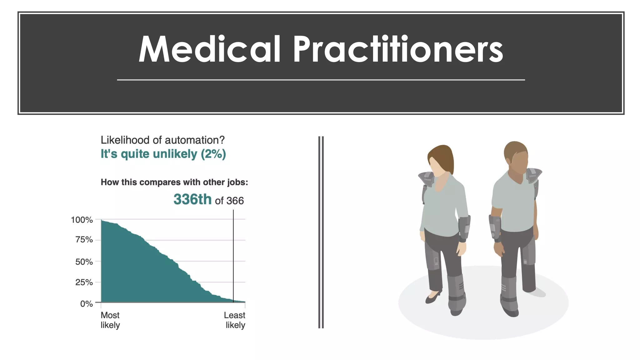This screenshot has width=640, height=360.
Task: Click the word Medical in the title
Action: [x=209, y=49]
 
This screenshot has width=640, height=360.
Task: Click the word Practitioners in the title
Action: [x=397, y=49]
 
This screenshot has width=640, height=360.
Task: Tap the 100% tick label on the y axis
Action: [x=82, y=220]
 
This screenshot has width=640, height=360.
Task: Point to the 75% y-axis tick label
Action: [x=84, y=240]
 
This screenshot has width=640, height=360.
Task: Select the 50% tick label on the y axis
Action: [x=84, y=262]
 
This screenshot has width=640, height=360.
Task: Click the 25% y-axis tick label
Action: [x=84, y=282]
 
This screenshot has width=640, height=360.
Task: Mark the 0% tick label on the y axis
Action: [x=87, y=303]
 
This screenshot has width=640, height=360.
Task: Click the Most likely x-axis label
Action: [x=110, y=320]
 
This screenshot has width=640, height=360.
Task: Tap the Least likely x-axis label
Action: [x=235, y=320]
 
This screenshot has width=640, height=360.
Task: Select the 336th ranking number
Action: [x=192, y=199]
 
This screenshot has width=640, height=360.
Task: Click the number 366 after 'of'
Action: [x=235, y=201]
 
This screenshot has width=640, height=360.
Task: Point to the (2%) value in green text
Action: [x=213, y=154]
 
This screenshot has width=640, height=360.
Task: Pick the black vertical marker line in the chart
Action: [x=233, y=256]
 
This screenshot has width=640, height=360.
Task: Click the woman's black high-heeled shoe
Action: [x=433, y=297]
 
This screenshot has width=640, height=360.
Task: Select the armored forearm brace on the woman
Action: [x=464, y=228]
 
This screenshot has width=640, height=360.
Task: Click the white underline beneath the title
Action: [x=321, y=80]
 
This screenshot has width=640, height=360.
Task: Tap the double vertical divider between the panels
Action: [x=321, y=232]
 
